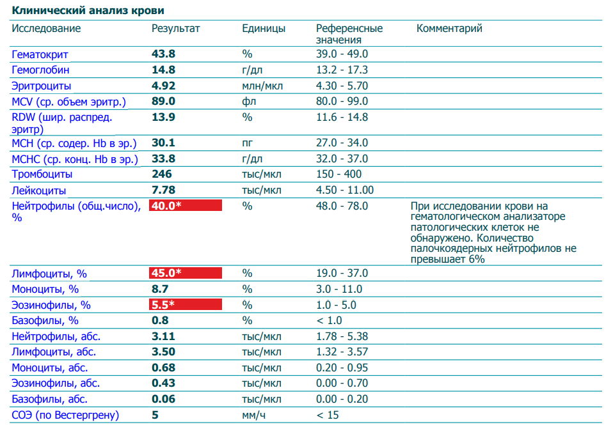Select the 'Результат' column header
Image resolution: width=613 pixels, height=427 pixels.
[175, 29]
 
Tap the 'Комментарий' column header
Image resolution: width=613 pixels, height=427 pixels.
[449, 29]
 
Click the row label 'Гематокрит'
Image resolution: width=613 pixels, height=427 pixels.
[40, 54]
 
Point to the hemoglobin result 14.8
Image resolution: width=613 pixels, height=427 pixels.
[163, 70]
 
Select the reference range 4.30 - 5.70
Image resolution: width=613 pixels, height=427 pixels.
[342, 86]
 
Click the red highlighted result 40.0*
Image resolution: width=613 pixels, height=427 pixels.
[185, 205]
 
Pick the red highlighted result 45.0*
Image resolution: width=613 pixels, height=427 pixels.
[185, 274]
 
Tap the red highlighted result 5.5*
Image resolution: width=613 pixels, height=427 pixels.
[185, 305]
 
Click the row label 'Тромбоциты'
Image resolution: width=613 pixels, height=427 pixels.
[42, 174]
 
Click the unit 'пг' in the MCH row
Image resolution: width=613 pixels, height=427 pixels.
[247, 143]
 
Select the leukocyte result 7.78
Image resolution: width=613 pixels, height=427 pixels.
[163, 190]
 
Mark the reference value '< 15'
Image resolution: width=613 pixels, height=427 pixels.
[329, 415]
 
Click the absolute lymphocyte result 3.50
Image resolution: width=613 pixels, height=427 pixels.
[163, 352]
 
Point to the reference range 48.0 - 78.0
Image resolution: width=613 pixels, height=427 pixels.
[342, 206]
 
